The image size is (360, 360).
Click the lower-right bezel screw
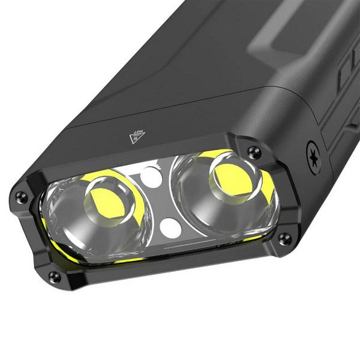coord(285,238)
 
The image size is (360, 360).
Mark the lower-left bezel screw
coord(55,276)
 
